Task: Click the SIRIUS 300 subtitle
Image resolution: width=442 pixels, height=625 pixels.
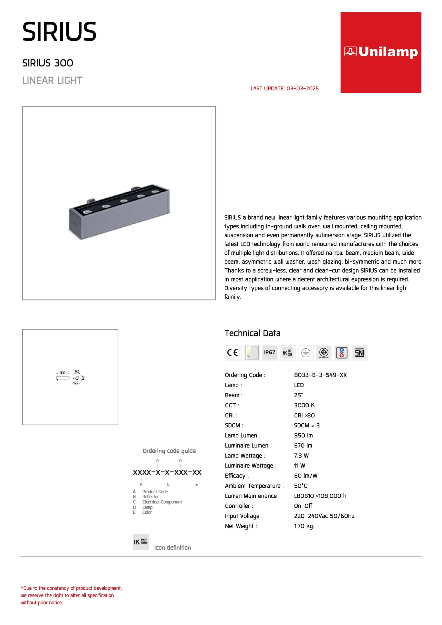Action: click(x=48, y=63)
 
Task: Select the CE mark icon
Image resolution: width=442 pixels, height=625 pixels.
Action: click(x=234, y=353)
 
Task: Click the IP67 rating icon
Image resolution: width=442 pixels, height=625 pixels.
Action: click(x=270, y=353)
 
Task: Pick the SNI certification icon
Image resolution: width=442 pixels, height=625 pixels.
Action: click(x=359, y=353)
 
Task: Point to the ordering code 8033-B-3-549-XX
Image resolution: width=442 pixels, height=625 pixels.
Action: click(x=320, y=375)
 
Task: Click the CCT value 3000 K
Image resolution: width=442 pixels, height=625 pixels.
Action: click(x=304, y=405)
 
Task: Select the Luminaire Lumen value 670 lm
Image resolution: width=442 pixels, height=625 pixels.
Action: click(x=303, y=446)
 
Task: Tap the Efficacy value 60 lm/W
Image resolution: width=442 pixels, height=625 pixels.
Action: click(x=305, y=476)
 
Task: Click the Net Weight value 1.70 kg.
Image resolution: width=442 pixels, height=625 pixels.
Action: click(x=304, y=526)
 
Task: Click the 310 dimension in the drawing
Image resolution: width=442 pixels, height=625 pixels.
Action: click(x=63, y=373)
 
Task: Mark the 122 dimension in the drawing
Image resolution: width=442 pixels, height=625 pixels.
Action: click(x=76, y=383)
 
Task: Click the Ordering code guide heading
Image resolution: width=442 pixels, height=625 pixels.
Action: click(x=169, y=451)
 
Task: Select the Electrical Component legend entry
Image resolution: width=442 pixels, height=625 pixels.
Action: click(x=162, y=502)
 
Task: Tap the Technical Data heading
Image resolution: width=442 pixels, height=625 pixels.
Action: click(x=253, y=333)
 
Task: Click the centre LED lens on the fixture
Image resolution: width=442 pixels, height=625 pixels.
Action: click(x=124, y=201)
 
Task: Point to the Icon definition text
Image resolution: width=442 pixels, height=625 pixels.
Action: click(x=172, y=548)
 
